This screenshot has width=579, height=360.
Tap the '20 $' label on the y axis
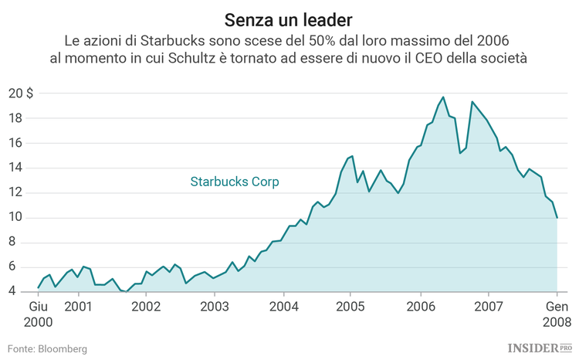[x=21, y=93]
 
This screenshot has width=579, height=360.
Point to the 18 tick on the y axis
[x=18, y=118]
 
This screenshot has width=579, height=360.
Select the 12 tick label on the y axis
[x=18, y=193]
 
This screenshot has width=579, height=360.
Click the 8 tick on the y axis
[x=21, y=243]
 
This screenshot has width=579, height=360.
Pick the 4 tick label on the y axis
[x=21, y=292]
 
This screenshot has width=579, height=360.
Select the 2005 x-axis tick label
[x=350, y=307]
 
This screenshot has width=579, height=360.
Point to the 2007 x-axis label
[x=489, y=307]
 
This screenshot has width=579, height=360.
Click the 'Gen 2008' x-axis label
[x=557, y=314]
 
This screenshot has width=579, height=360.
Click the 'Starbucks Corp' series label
[x=235, y=182]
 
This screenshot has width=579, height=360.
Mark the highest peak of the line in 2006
[x=443, y=97]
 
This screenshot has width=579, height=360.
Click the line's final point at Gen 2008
[x=557, y=218]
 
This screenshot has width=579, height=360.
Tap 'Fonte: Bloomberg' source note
[x=47, y=349]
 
